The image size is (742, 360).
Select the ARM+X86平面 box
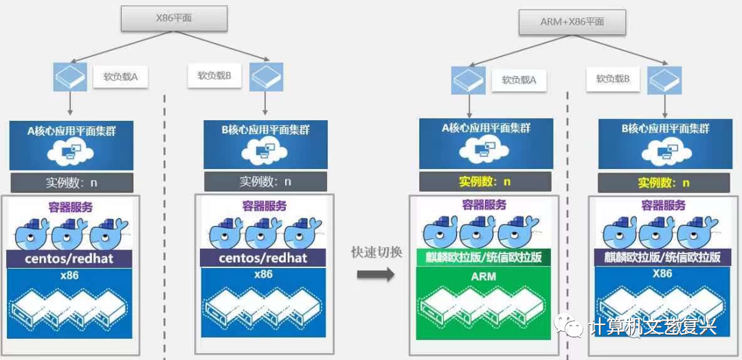pyautogui.click(x=572, y=22)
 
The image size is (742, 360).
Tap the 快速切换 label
pyautogui.click(x=376, y=252)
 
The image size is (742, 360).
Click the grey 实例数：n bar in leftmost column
pyautogui.click(x=72, y=182)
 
